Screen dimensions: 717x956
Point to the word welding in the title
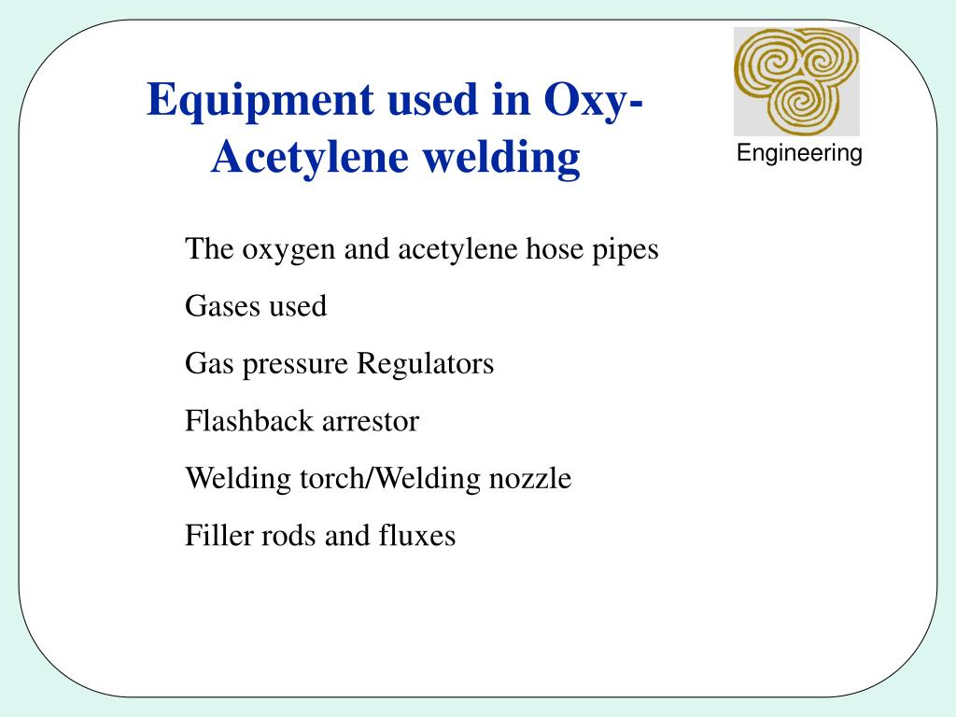pos(501,158)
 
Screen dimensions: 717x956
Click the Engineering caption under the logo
pos(799,154)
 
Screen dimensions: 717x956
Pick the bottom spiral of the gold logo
pos(799,104)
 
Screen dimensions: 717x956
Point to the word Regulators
pos(426,364)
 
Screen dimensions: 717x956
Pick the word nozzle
pos(530,479)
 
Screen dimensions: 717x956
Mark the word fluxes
pos(417,536)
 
